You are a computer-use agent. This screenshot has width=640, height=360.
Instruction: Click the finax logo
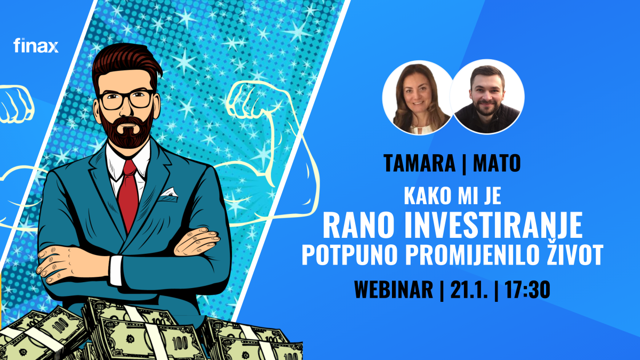coord(36,45)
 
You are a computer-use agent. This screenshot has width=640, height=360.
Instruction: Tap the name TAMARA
coord(419,163)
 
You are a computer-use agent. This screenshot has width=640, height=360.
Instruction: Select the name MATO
coord(497,163)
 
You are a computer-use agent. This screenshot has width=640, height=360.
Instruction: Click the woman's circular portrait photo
coord(418,98)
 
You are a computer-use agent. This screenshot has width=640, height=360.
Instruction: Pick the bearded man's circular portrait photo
coord(487,97)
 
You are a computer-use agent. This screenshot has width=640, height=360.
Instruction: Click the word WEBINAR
coord(394,290)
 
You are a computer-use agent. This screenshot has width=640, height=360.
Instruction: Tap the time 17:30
coord(527,290)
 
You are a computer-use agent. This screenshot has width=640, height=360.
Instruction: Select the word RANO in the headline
coord(361,225)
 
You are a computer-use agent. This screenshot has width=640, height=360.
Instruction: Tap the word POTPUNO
coord(350,254)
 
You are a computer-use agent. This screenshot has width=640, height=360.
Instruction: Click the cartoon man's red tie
coord(129,195)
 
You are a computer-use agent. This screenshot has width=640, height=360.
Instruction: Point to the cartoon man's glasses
coord(126,99)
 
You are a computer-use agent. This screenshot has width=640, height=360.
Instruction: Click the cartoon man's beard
coord(126,129)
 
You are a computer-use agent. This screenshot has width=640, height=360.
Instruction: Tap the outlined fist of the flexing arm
coord(242,100)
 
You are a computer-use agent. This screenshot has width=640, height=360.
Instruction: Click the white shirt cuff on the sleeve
coord(116,270)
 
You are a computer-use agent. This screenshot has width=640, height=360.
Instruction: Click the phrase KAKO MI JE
coord(453,196)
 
